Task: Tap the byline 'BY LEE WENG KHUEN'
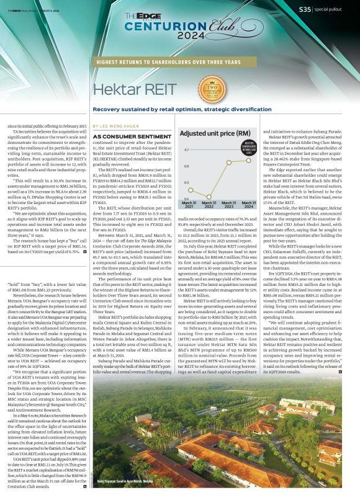tap(122, 124)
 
